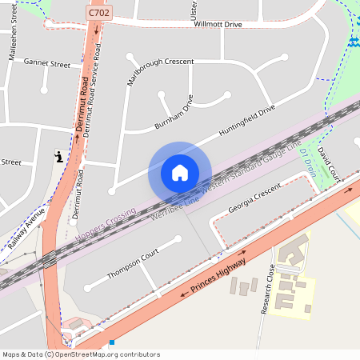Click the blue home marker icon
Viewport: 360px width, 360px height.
179,172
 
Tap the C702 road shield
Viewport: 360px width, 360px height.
98,14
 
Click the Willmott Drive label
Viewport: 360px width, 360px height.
217,25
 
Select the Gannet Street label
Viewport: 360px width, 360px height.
47,62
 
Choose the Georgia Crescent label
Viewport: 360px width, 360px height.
254,198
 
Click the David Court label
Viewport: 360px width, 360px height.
328,162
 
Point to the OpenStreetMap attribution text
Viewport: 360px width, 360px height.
80,354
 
